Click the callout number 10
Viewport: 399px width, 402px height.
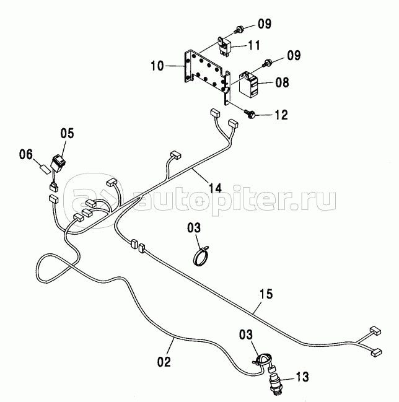tap(157, 66)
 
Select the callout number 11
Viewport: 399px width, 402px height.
tap(254, 45)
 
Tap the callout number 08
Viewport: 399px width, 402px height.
tap(282, 82)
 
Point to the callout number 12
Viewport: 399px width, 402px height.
tap(281, 115)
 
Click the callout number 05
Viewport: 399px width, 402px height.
tap(67, 133)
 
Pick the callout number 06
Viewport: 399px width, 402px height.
tap(26, 154)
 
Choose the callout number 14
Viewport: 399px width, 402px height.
tap(215, 188)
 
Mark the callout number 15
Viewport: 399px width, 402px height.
tap(266, 294)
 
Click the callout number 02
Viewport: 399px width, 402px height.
tap(164, 362)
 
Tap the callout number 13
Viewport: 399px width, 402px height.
tap(302, 377)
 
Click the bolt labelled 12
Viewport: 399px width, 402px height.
tap(250, 113)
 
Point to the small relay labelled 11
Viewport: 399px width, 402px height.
tap(224, 46)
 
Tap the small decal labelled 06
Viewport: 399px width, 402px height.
tap(45, 169)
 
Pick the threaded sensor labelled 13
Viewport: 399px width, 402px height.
tap(275, 383)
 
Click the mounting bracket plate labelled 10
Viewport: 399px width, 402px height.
tap(205, 74)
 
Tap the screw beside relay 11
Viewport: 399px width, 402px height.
tap(238, 29)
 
